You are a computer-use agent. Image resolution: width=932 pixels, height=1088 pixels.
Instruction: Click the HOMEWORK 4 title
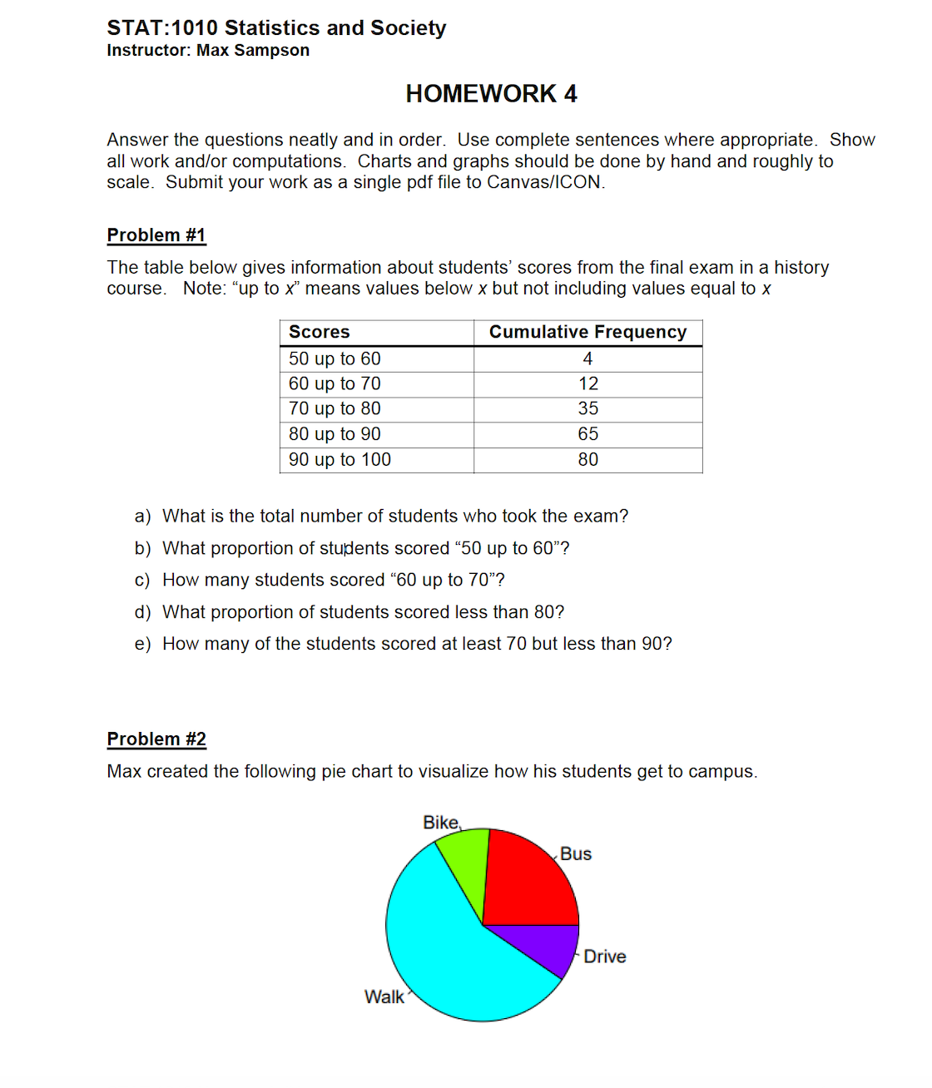click(x=491, y=94)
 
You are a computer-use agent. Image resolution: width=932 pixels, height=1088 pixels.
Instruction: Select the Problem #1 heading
click(x=156, y=235)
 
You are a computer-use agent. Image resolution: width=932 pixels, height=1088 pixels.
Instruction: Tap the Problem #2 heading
click(x=156, y=739)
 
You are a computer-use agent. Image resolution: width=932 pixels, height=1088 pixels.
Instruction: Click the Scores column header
click(x=320, y=332)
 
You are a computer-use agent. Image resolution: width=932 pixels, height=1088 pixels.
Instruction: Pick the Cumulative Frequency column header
click(x=587, y=332)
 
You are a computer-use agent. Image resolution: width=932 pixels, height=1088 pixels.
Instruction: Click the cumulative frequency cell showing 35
click(x=587, y=408)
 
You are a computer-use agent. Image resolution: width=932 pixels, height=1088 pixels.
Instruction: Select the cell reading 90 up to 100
click(x=340, y=459)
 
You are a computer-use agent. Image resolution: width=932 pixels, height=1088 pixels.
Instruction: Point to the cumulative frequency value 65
click(x=587, y=434)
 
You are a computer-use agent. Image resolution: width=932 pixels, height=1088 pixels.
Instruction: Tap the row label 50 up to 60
click(x=335, y=359)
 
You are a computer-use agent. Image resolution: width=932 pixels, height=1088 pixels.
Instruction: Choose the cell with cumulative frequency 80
click(x=587, y=459)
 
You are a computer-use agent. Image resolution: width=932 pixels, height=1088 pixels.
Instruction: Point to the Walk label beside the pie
click(x=384, y=997)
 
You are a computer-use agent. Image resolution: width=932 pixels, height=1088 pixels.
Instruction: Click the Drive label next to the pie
click(x=604, y=957)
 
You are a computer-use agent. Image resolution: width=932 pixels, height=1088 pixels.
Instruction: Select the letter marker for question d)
click(x=142, y=612)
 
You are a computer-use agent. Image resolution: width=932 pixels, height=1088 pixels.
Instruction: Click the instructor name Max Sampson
click(x=253, y=51)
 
